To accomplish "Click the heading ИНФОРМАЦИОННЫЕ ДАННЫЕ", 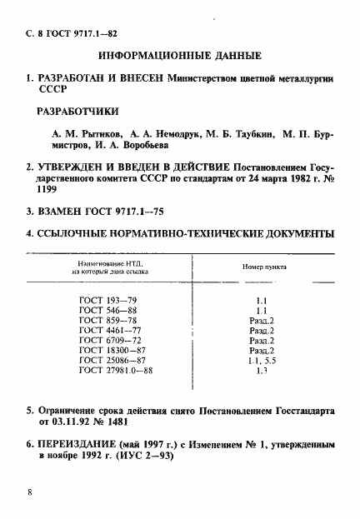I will tap(180, 56).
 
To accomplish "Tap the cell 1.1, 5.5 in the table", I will tap(262, 362).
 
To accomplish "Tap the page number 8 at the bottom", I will tap(31, 492).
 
